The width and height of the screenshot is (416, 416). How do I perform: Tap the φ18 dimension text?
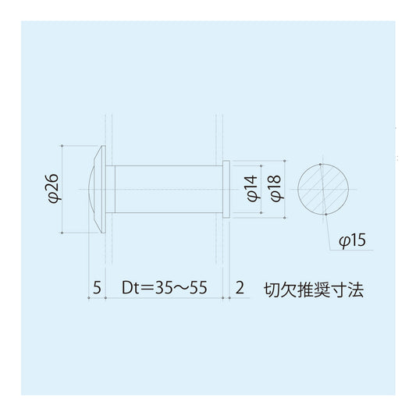click(273, 188)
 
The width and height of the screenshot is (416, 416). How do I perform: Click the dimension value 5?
click(97, 288)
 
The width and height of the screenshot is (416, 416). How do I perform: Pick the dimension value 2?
click(239, 288)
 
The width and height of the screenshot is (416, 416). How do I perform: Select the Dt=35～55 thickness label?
click(164, 288)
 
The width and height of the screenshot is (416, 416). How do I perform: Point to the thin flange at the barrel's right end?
click(226, 189)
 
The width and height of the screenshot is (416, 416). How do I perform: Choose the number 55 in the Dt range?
click(197, 288)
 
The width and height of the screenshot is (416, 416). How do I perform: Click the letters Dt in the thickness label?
click(130, 288)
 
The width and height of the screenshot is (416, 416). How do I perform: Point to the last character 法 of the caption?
click(357, 288)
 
